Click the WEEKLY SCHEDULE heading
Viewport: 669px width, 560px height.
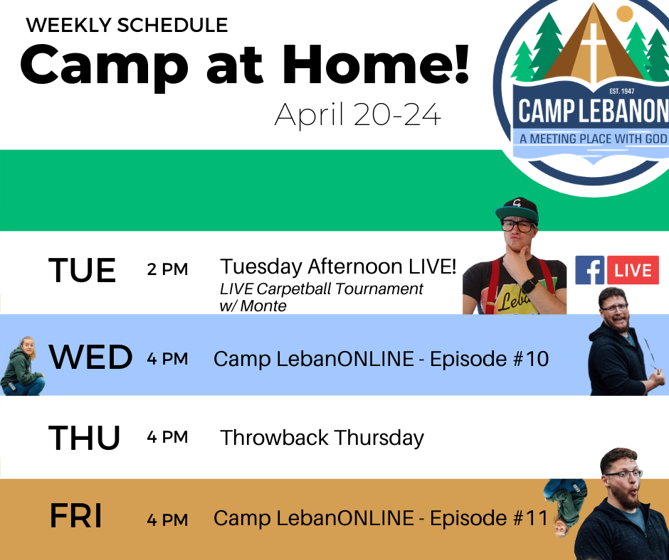tap(127, 25)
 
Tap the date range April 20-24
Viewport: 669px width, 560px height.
tap(357, 114)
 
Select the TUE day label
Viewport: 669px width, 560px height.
tap(82, 270)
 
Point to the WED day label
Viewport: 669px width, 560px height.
tap(90, 357)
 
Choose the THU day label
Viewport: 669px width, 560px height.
tap(84, 438)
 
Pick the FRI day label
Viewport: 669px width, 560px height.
tap(76, 516)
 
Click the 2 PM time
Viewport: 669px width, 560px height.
tap(167, 269)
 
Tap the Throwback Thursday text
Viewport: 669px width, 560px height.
tap(322, 438)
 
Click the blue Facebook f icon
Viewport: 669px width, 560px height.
tap(589, 270)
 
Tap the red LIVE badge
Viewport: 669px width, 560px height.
tap(633, 270)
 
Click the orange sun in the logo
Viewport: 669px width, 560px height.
tap(625, 14)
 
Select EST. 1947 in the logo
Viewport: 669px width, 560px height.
tap(621, 91)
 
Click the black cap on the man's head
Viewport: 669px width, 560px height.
tap(517, 210)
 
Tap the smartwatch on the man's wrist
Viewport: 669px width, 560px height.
tap(530, 286)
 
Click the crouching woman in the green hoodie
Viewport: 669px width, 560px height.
tap(23, 366)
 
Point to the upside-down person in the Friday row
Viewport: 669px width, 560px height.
tap(565, 507)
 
